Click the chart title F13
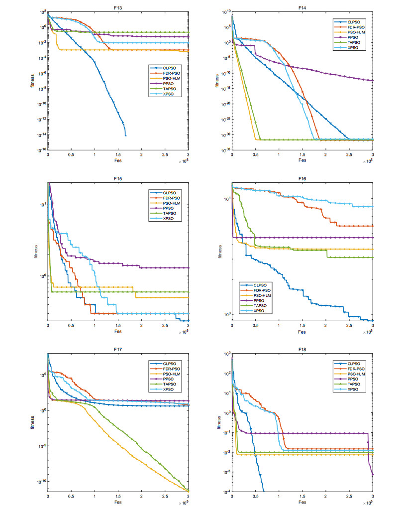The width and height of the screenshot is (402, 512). [118, 6]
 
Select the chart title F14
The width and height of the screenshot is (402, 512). [302, 6]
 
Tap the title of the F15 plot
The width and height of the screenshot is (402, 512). [118, 178]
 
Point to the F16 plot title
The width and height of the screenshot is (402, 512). [302, 178]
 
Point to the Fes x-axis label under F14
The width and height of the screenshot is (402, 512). [302, 161]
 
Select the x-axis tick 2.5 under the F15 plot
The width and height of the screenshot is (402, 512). [165, 326]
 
